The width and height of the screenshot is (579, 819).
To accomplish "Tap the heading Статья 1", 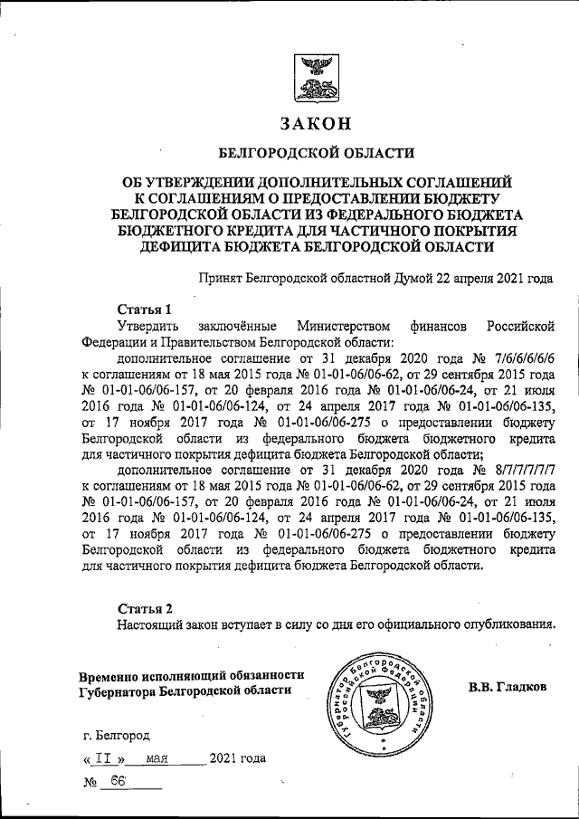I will [144, 309].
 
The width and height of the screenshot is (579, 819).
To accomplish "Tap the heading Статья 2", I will [144, 605].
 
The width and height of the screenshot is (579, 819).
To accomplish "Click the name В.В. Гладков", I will [508, 687].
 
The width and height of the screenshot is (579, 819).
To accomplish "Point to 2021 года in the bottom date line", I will [237, 758].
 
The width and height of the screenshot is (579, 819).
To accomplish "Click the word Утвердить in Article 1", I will [149, 325].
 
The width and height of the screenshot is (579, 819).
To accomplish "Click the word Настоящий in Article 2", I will [150, 623].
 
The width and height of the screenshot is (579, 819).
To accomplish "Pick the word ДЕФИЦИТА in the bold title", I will [171, 245].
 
